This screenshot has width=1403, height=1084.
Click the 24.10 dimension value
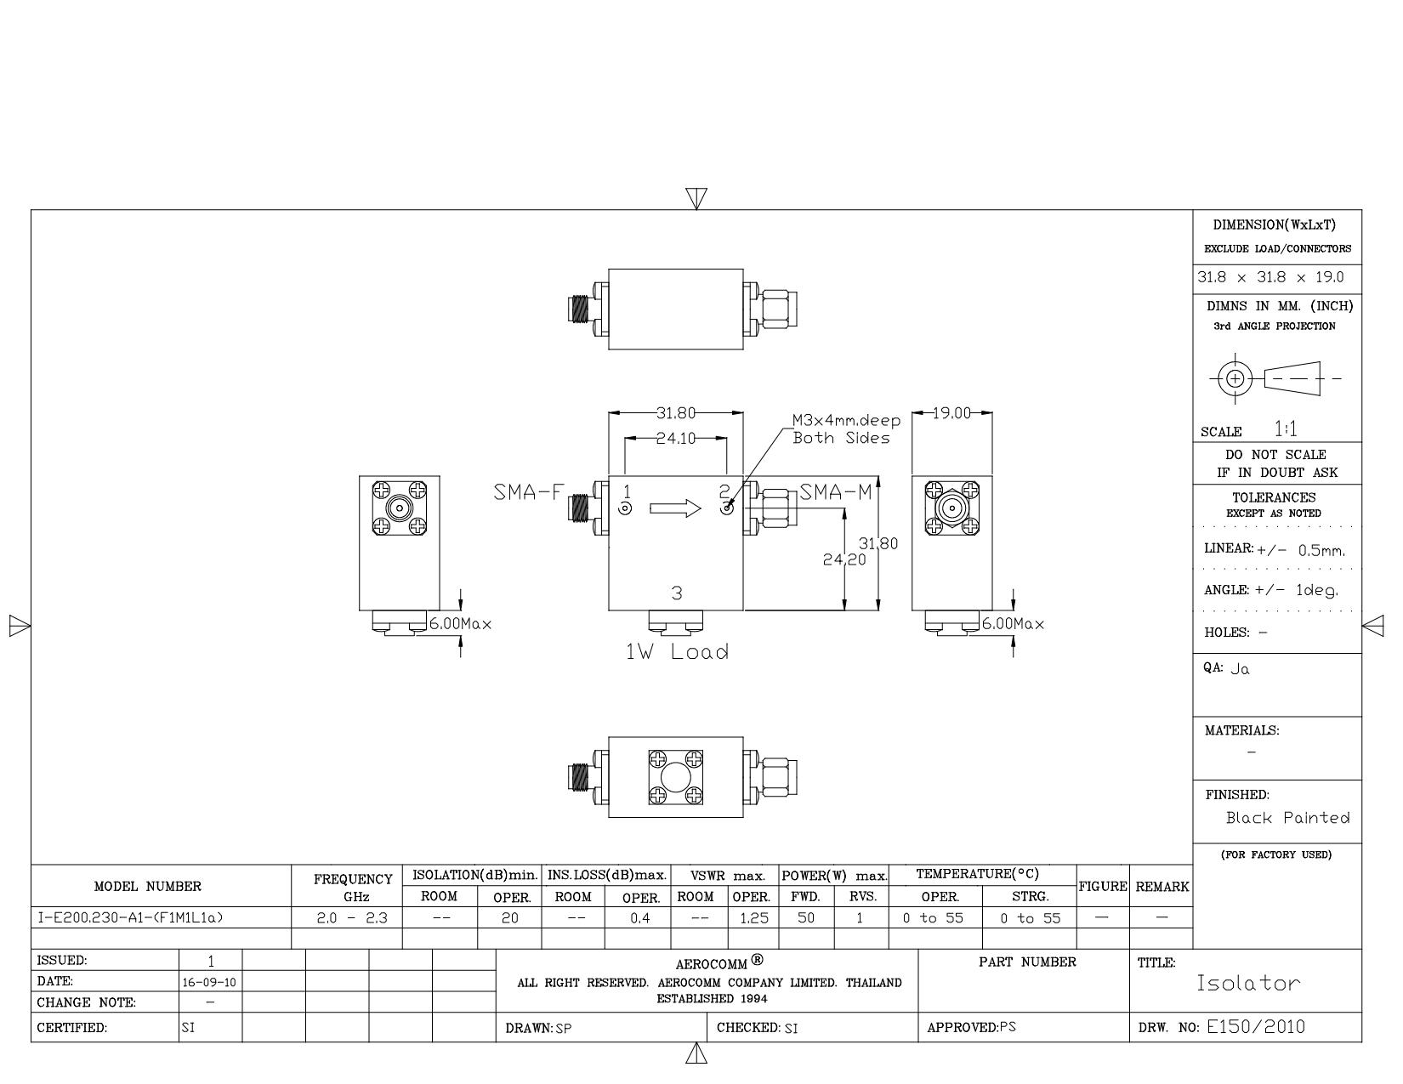tap(676, 439)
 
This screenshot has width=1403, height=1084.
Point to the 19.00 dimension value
tap(951, 412)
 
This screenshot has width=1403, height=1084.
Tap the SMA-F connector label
tap(529, 492)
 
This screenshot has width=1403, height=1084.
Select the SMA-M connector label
tap(836, 492)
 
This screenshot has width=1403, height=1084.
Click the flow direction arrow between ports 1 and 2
tap(675, 508)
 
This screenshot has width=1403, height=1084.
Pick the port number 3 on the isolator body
tap(677, 593)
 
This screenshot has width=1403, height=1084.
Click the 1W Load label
tap(677, 651)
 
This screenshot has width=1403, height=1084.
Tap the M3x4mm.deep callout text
tap(846, 420)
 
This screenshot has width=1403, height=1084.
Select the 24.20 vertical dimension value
tap(844, 559)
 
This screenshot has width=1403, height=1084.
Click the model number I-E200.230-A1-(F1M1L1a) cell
tap(130, 917)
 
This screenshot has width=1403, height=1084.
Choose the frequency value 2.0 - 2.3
tap(352, 917)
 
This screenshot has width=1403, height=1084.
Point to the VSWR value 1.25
tap(753, 917)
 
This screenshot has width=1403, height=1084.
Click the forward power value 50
tap(806, 917)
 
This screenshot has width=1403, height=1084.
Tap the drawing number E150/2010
tap(1256, 1026)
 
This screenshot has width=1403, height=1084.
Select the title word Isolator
tap(1248, 983)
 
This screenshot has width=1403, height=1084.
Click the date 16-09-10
tap(209, 983)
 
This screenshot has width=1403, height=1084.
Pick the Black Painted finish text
tap(1287, 817)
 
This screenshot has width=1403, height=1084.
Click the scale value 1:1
tap(1286, 428)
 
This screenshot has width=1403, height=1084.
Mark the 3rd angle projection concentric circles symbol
tap(1235, 378)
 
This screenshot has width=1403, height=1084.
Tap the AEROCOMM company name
tap(711, 964)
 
